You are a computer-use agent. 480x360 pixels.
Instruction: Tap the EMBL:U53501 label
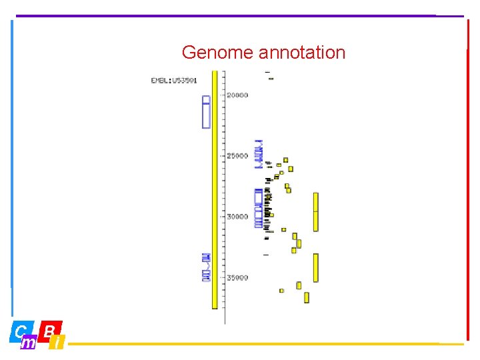173,81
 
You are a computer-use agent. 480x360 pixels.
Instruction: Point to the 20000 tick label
237,95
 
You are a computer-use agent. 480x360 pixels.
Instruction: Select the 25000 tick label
237,156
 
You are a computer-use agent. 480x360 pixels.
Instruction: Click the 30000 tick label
237,217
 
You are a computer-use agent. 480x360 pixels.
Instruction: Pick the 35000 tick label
237,277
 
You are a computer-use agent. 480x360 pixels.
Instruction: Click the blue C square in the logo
20,330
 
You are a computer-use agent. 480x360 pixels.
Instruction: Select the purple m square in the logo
29,343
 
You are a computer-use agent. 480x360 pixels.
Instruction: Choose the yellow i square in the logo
58,343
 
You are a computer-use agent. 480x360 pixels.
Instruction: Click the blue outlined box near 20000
206,111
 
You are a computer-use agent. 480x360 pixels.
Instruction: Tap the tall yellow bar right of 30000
316,212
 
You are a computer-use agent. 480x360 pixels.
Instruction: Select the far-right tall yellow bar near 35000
316,267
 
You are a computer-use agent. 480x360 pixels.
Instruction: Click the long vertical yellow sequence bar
215,190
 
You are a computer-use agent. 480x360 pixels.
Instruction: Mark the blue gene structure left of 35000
206,267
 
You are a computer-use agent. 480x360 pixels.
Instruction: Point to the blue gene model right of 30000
259,208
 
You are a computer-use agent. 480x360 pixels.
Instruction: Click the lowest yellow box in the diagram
307,297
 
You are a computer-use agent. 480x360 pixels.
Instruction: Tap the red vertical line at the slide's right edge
468,180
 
